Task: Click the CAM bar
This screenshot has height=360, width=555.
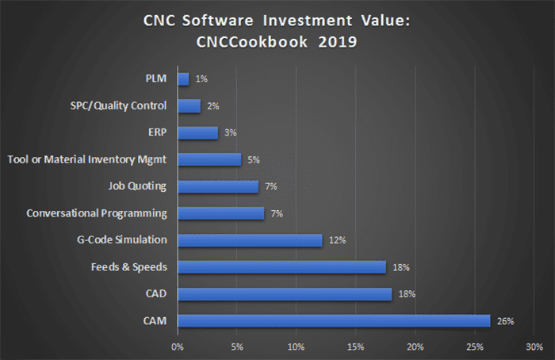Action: [x=334, y=320]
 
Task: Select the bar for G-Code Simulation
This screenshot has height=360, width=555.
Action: [x=250, y=240]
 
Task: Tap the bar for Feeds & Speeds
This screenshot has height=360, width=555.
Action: [x=281, y=267]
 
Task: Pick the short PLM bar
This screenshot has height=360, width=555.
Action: [x=183, y=79]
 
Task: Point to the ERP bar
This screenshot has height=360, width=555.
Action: [x=197, y=132]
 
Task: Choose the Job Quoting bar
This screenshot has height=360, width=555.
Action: [x=218, y=186]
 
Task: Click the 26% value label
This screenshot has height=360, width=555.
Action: [x=506, y=321]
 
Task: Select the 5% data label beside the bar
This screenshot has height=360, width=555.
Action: [x=254, y=160]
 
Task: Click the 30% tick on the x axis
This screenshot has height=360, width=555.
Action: [x=534, y=347]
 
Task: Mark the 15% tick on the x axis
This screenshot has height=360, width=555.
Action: [x=355, y=347]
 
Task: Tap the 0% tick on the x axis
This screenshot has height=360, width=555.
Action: [x=178, y=347]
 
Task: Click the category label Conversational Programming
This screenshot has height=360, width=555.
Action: [x=97, y=213]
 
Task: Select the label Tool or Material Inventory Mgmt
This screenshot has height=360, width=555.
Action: [x=86, y=160]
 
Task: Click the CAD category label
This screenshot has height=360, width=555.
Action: [x=157, y=294]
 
